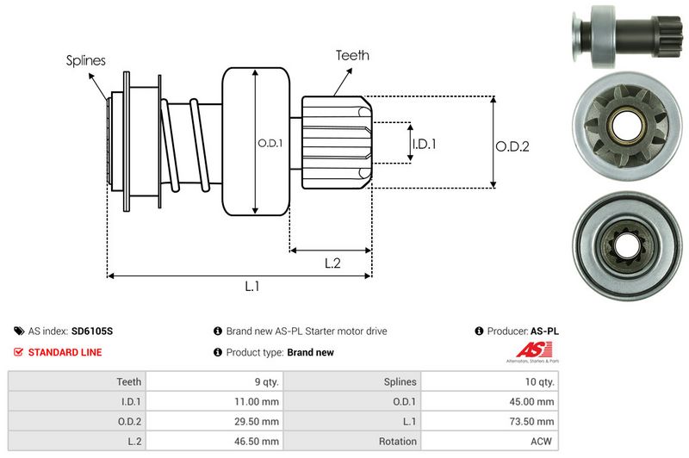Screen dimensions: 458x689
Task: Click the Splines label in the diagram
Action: (x=85, y=60)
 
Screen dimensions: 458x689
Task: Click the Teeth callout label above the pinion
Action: (x=352, y=55)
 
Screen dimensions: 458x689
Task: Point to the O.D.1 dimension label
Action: (x=270, y=143)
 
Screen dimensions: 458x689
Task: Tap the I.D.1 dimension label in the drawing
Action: (x=425, y=144)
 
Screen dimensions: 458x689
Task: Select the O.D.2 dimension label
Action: (x=512, y=147)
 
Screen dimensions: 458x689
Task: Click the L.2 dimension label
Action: (x=333, y=263)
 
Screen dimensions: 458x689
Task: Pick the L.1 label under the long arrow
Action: (x=252, y=287)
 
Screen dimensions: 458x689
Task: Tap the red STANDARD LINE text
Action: (x=65, y=352)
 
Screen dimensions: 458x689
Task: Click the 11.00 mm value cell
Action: (x=258, y=401)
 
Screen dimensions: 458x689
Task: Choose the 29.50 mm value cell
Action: (x=258, y=421)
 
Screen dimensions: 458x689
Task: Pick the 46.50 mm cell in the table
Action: (x=258, y=442)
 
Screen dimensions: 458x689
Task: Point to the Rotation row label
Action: (x=397, y=442)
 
